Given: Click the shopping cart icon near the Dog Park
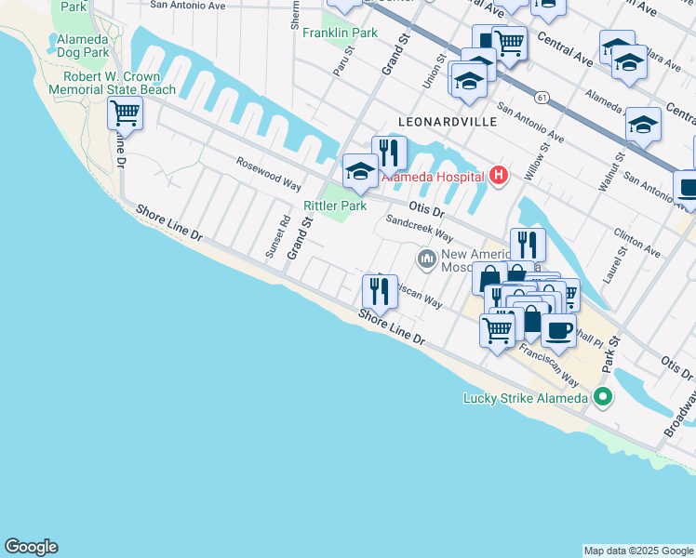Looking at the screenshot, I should coord(125,114).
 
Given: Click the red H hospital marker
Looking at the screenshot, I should coord(499,175).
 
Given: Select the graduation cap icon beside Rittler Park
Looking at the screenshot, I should coord(360,172).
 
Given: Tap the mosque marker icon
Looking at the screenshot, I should coord(427,257).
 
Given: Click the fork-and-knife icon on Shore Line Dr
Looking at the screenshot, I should coord(380,292).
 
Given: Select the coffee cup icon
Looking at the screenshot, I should coord(558,329).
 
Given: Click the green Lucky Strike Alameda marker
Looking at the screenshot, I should coord(603,398).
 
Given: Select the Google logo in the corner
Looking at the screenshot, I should coord(31,547).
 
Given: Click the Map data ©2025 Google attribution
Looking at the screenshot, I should coord(638,551).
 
